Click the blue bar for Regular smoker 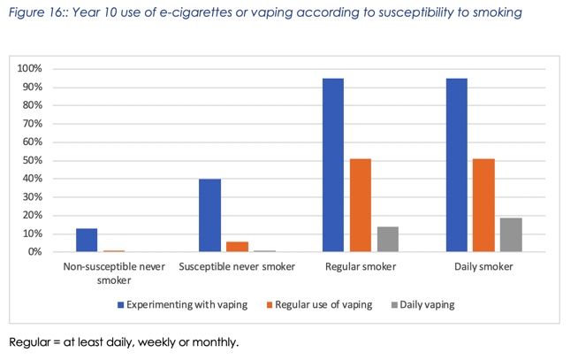(x=333, y=165)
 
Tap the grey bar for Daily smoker (x=511, y=234)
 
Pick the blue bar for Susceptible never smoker (x=209, y=215)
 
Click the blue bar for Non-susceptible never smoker (x=87, y=240)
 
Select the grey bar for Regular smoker (x=387, y=239)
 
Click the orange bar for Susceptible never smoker (x=237, y=247)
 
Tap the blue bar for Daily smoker (x=457, y=165)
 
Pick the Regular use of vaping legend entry (x=321, y=304)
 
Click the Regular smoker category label (x=360, y=266)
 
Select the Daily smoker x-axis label (x=483, y=266)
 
